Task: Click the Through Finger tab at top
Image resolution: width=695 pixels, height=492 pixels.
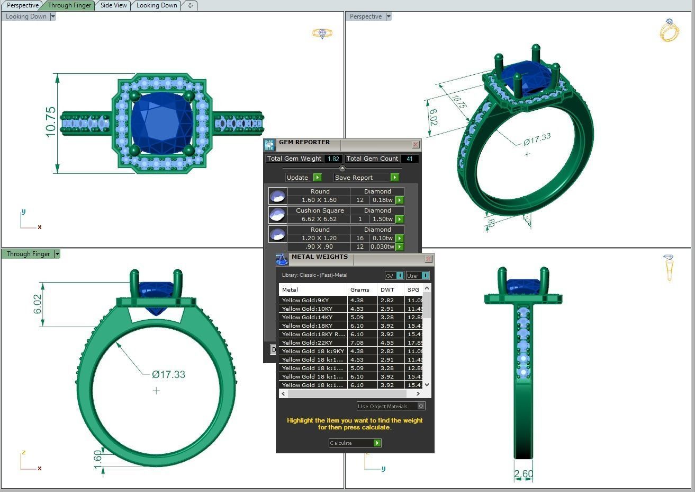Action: [69, 5]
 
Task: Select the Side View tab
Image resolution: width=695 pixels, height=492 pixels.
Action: [113, 5]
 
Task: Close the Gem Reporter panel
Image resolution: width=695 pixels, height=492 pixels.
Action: [416, 144]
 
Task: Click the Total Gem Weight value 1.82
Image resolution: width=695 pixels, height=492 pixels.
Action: [333, 159]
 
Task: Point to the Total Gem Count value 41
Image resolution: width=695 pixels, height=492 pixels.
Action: [409, 159]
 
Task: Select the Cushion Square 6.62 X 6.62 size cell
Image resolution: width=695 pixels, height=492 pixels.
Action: [319, 219]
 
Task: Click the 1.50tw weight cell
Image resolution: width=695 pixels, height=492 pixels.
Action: [382, 219]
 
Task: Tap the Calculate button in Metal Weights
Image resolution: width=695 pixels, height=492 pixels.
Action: [355, 443]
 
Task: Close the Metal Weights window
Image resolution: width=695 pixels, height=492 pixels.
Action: [428, 259]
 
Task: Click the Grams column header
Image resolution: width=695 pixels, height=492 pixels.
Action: [360, 289]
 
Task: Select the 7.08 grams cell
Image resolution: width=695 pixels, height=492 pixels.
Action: [357, 342]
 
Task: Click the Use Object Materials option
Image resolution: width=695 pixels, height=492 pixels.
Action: [391, 406]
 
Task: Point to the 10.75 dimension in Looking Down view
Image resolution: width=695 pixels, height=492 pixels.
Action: [50, 122]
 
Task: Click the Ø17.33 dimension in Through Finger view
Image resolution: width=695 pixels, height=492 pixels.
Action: [168, 374]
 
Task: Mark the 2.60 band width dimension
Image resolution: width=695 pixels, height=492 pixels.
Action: [523, 473]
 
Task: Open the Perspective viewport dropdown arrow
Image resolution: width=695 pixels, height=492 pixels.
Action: [388, 16]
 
